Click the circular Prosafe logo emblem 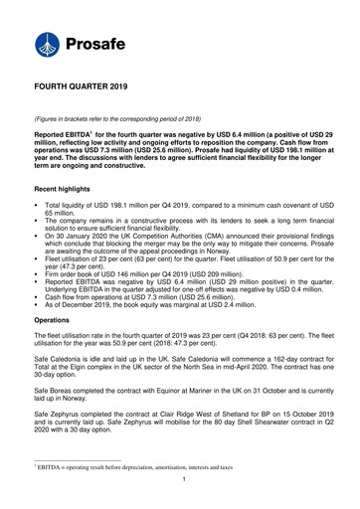[49, 44]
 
